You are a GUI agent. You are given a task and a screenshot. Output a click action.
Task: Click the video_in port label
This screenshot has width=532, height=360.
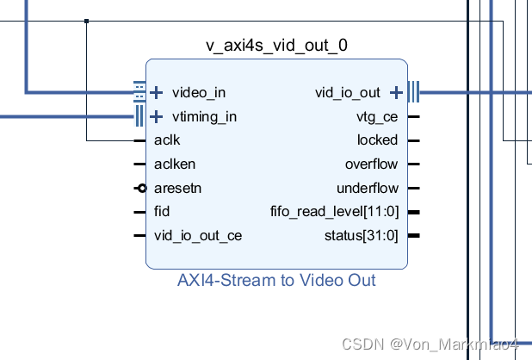coord(199,92)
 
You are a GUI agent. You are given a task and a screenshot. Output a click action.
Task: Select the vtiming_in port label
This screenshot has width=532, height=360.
coord(204,116)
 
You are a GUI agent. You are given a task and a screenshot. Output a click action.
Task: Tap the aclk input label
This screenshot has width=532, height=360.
coord(167,140)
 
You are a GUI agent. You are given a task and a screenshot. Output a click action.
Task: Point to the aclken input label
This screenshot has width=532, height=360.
coord(175,164)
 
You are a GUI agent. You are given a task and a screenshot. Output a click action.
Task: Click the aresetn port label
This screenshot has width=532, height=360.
coord(178,188)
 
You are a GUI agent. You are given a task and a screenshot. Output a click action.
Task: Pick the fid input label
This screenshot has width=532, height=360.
coord(162,212)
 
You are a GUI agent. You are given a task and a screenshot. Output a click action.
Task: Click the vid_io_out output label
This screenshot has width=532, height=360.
coord(347,92)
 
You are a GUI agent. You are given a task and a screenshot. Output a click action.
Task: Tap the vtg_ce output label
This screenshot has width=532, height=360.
coord(377,116)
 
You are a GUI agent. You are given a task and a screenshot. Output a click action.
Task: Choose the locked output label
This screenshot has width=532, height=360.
coord(377,140)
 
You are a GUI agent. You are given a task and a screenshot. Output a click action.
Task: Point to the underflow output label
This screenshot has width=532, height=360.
coord(368,188)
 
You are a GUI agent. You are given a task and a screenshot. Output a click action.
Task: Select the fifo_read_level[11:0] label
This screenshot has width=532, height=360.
coord(334,212)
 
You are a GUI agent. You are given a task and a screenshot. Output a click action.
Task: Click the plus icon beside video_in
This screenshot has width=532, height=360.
coord(157,92)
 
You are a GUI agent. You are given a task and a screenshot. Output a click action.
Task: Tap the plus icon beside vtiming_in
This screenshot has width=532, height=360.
coord(157,116)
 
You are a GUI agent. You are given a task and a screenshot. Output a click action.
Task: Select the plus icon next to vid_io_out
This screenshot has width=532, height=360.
coord(396,92)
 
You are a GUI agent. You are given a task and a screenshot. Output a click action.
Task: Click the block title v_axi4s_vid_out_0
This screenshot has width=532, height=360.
coord(276,45)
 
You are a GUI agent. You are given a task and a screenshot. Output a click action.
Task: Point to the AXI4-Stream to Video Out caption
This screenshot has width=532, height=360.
coord(276,281)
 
